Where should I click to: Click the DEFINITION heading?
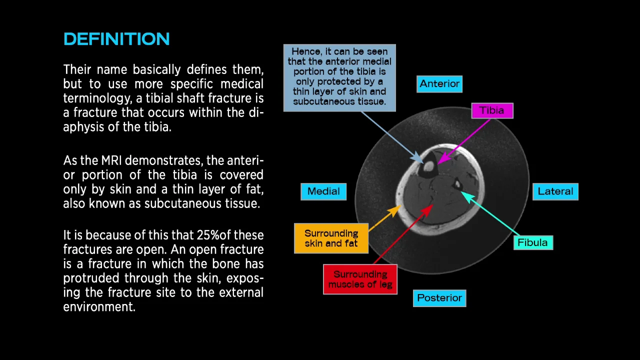pos(116,39)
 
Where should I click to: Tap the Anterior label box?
pos(439,84)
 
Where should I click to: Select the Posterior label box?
pos(439,298)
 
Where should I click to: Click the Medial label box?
pos(323,191)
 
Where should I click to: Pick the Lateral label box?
pos(555,191)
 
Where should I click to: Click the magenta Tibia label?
pos(492,110)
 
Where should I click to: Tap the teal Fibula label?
pos(532,242)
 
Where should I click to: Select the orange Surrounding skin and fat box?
pos(331,238)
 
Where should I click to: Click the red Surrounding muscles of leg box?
pos(360,279)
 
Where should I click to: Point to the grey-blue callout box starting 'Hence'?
pos(339,77)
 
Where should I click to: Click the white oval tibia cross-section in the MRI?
pos(429,166)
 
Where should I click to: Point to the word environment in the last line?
pos(99,306)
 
